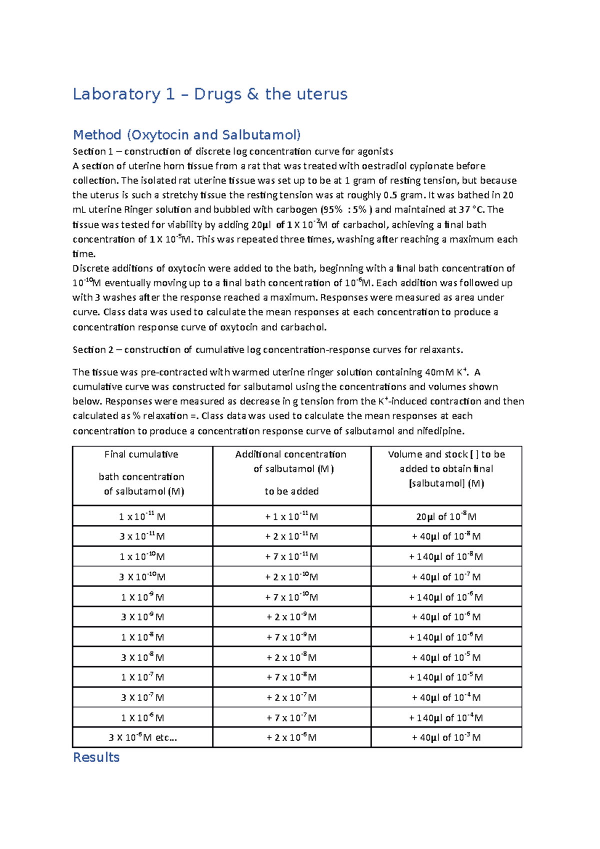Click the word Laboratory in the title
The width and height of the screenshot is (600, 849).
[116, 94]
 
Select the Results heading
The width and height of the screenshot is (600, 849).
[96, 757]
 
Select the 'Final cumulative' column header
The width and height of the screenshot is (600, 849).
[141, 454]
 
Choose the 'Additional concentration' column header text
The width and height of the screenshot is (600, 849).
[290, 454]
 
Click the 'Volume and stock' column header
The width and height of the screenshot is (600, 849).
[446, 454]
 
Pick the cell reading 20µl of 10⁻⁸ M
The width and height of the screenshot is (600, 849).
[446, 516]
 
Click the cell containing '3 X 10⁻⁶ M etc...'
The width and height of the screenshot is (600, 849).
[142, 737]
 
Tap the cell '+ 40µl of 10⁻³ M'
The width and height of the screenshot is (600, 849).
[446, 737]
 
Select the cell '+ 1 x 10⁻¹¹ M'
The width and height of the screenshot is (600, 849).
[291, 516]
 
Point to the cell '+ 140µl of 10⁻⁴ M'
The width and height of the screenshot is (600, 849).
[446, 718]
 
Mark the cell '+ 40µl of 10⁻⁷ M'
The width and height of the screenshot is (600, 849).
[446, 577]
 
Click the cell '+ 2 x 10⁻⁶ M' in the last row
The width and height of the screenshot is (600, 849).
[291, 737]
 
